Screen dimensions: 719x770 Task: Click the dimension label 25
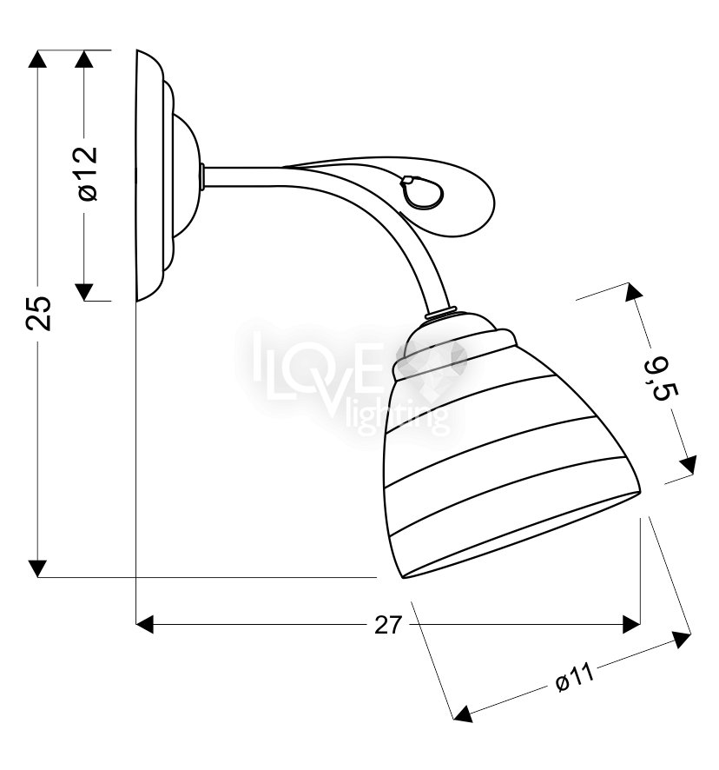pos(39,314)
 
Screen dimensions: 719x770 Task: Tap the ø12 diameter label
pos(88,173)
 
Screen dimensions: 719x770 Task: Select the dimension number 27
pos(387,625)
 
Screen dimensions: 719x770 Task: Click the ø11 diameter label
pos(575,679)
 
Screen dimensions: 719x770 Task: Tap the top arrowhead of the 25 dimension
pos(37,59)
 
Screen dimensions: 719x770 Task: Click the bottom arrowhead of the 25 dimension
pos(37,568)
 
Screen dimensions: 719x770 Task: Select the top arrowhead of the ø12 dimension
pos(84,59)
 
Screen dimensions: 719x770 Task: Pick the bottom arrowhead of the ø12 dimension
pos(84,291)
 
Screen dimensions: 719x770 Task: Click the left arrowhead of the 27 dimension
pos(144,624)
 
